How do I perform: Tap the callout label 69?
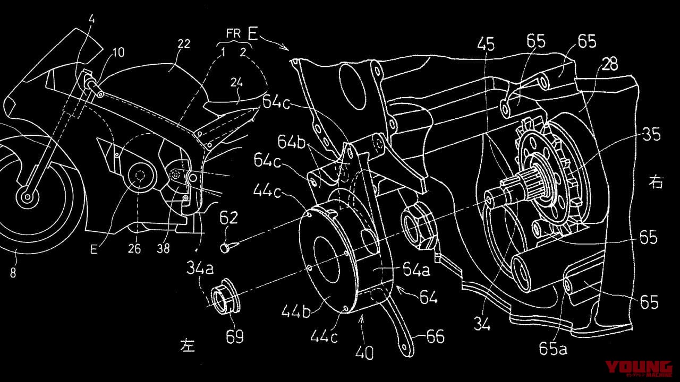[x=235, y=336]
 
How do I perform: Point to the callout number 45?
[x=486, y=45]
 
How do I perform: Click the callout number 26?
[x=134, y=248]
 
